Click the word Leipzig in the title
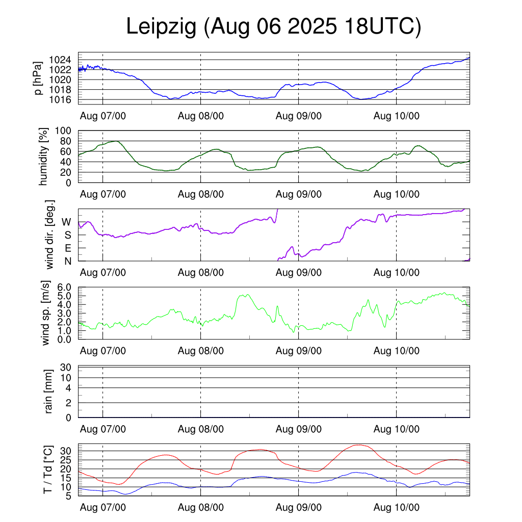161,27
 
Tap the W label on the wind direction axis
67,222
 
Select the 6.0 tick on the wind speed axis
66,288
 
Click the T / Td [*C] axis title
47,469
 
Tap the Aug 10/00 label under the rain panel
397,429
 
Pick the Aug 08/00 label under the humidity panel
201,194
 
